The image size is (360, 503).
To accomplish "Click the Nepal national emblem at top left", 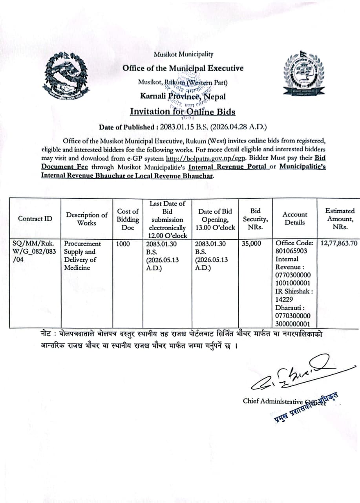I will (x=66, y=77).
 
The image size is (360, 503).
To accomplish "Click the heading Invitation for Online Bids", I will (x=183, y=112).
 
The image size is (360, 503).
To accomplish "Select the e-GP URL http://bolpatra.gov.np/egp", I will (x=206, y=158).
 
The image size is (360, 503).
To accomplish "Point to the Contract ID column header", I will (x=35, y=218).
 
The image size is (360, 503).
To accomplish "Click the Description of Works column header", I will (x=87, y=219).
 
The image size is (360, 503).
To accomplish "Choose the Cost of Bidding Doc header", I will (x=128, y=219).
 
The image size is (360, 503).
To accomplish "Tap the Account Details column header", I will (x=294, y=218).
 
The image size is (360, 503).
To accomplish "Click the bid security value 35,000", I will (x=251, y=244).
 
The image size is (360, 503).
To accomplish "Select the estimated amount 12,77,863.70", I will (x=339, y=244).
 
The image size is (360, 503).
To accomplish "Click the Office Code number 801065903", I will (x=291, y=251).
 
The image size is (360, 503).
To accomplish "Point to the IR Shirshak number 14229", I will (x=284, y=299).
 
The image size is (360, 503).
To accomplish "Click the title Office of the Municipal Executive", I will (x=183, y=68).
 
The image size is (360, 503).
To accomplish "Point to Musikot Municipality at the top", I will (x=183, y=54).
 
